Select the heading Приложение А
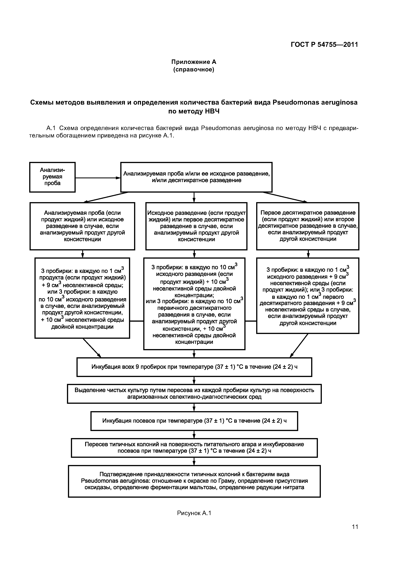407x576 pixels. [194, 62]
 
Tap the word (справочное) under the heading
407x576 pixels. [194, 69]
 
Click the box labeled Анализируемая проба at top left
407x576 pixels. [52, 177]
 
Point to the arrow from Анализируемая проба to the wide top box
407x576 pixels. [98, 178]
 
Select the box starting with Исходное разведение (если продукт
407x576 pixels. [196, 226]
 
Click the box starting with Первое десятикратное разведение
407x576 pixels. [308, 226]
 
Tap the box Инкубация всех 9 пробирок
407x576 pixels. [194, 367]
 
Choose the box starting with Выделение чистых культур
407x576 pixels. [194, 393]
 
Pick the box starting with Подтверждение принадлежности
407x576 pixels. [194, 481]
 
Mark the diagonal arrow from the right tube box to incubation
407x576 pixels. [299, 345]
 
